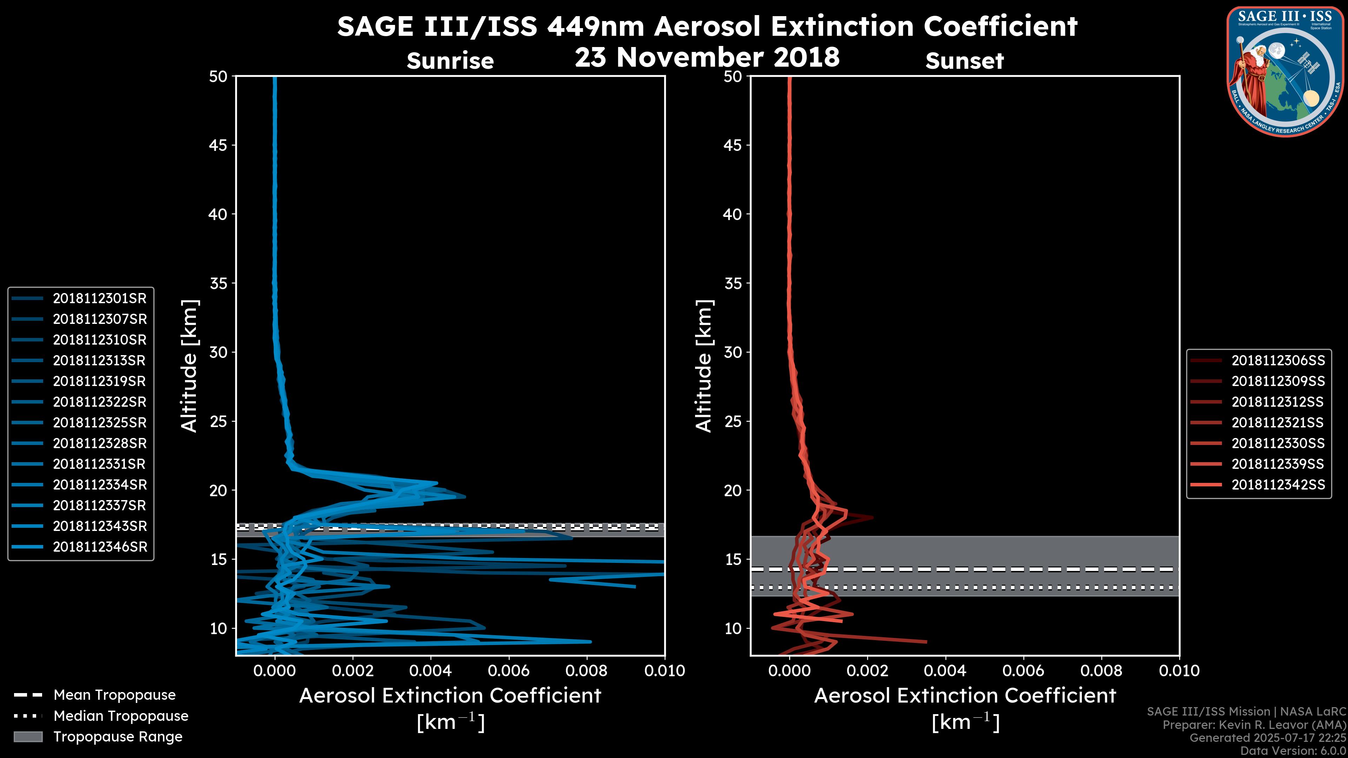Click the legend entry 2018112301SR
tap(99, 298)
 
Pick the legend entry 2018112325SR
tap(99, 422)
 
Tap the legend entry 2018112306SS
tap(1278, 360)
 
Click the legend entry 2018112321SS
tap(1277, 422)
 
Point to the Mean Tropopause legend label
tap(114, 695)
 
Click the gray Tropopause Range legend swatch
tap(28, 737)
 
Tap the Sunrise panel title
tap(450, 61)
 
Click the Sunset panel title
tap(964, 61)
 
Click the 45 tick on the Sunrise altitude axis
tap(218, 145)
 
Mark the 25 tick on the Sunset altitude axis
tap(733, 421)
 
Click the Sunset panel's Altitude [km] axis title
tap(704, 366)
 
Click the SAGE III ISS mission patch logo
tap(1284, 72)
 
